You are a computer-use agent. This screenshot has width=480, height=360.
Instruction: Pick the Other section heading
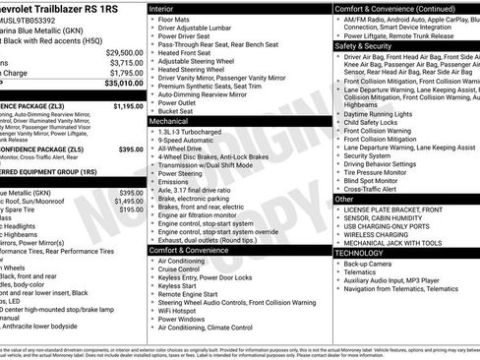point(344,199)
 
